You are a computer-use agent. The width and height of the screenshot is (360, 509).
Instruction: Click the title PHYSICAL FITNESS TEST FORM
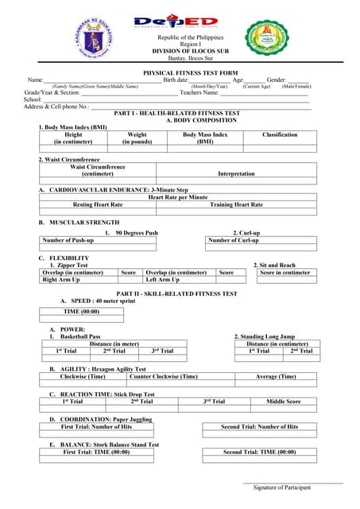click(x=179, y=72)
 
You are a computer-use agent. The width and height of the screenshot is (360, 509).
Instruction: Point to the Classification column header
click(x=280, y=135)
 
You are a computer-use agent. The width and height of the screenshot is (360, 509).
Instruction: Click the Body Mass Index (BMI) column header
click(x=205, y=138)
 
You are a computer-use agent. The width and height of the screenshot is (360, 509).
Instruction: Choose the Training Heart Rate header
click(x=236, y=204)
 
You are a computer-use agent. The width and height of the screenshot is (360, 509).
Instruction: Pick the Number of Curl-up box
click(x=233, y=240)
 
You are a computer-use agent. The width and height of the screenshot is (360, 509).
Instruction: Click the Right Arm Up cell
click(x=61, y=279)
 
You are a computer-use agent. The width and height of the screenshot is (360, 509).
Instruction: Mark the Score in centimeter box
click(x=285, y=273)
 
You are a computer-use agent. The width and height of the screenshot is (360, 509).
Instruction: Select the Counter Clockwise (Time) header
click(x=164, y=376)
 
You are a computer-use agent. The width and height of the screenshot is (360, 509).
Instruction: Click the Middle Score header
click(x=284, y=402)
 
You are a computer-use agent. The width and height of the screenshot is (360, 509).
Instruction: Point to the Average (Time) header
click(x=277, y=376)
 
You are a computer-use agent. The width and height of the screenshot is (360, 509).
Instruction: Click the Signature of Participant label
click(x=282, y=487)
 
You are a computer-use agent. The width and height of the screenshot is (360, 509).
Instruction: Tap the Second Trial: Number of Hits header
click(x=259, y=426)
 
